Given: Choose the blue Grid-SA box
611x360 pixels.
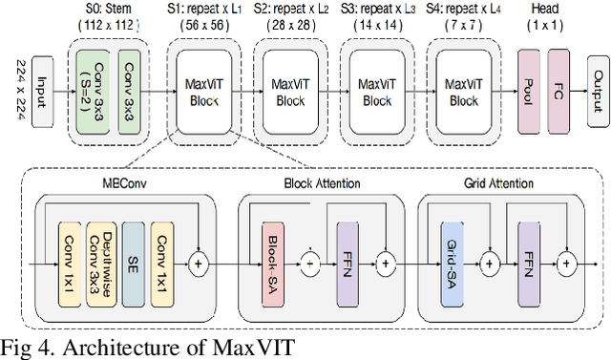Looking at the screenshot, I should click(452, 260).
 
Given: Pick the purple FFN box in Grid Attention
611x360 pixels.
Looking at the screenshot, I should click(527, 260).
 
